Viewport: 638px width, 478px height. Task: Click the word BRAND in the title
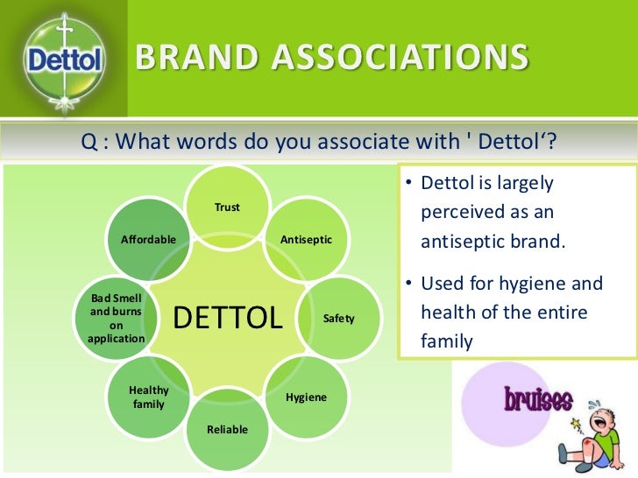tap(188, 59)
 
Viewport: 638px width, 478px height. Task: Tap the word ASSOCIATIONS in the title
tap(394, 59)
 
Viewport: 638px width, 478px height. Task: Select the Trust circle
tap(228, 207)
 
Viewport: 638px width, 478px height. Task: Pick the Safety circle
tap(338, 318)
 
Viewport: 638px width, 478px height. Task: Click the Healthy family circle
tap(149, 397)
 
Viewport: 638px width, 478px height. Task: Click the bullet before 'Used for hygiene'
tap(408, 285)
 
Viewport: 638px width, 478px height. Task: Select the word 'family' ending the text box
tap(447, 341)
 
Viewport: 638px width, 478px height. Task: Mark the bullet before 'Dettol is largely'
tap(408, 184)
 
